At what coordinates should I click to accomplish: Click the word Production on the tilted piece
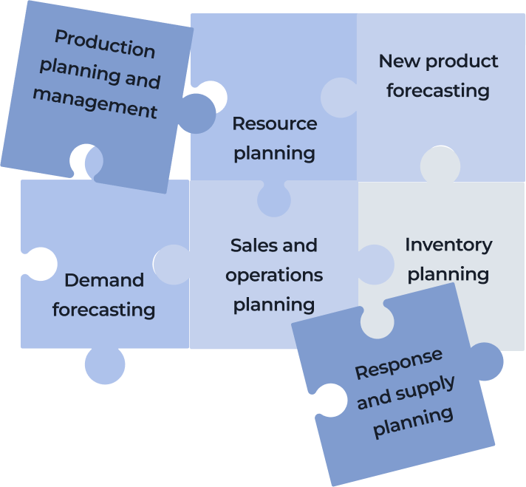point(105,44)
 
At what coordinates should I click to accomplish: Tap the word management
point(95,103)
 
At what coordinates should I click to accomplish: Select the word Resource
point(275,123)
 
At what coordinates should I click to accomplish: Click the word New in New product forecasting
point(399,61)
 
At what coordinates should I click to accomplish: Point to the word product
point(462,62)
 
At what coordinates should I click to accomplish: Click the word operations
point(274,276)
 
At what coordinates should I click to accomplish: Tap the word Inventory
point(448,245)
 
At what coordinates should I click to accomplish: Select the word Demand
point(104,280)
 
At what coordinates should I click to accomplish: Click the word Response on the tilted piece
point(399,364)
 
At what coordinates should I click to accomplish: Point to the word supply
point(425,389)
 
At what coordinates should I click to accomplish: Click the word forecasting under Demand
point(103,310)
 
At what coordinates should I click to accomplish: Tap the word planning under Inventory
point(448,275)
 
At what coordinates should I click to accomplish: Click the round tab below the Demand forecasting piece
point(105,366)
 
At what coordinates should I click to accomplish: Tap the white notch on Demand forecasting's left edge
point(40,264)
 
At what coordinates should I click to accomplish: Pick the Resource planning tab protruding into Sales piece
point(274,200)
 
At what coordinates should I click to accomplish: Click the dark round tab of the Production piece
point(198,114)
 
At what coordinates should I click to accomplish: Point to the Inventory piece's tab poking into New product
point(440,165)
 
